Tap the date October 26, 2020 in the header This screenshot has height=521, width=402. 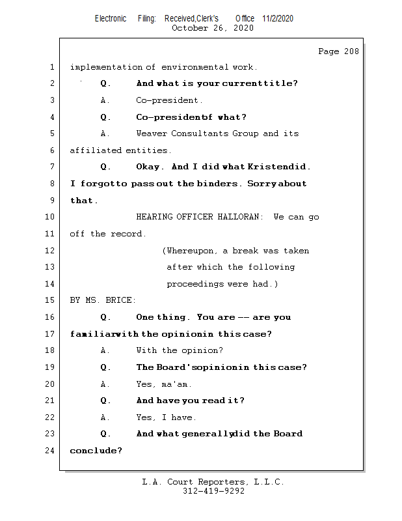coord(212,28)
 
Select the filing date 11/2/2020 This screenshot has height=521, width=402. coord(278,18)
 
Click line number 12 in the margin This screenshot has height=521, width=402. coord(51,251)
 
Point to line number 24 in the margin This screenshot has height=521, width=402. coord(51,451)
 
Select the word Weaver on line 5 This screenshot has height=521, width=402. coord(151,134)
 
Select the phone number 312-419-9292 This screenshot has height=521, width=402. coord(214,491)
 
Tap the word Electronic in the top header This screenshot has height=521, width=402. coord(111,18)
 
